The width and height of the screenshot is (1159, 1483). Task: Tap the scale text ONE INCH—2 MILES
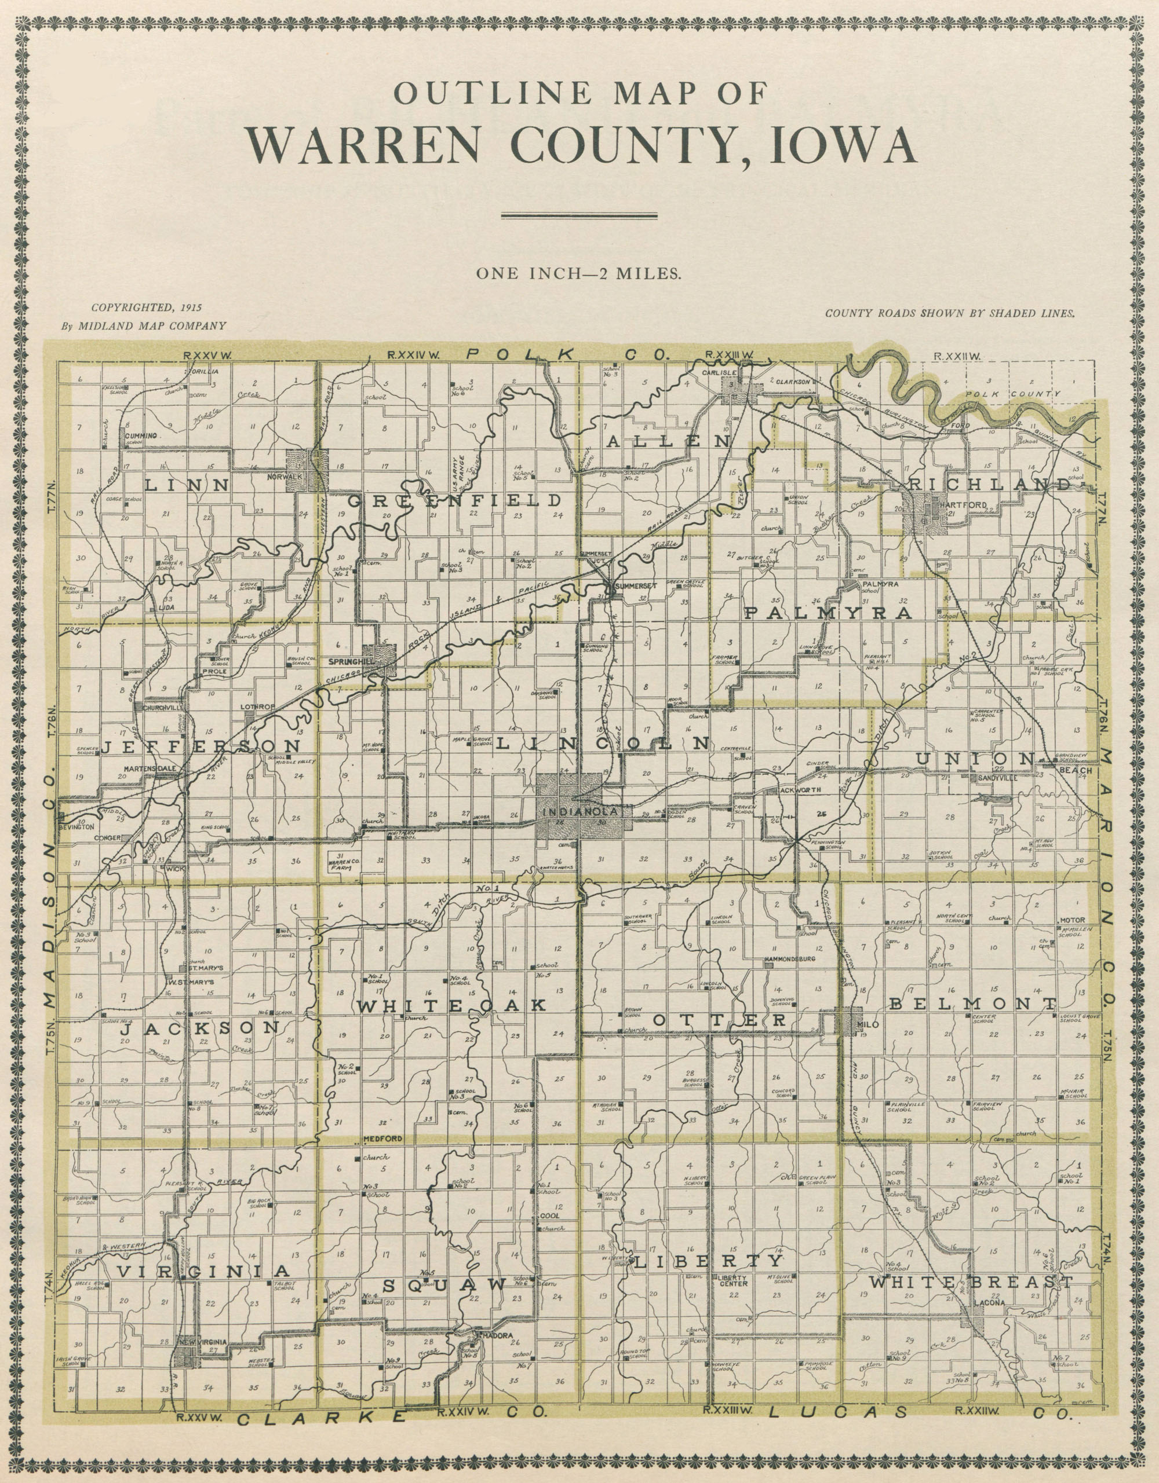point(579,274)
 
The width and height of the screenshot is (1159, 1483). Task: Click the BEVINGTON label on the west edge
point(76,827)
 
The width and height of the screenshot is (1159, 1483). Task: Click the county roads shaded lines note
point(950,314)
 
